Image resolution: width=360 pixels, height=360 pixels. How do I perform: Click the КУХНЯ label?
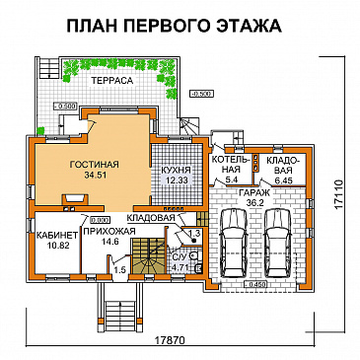tap(176, 170)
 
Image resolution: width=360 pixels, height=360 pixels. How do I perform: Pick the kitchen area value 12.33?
tap(176, 180)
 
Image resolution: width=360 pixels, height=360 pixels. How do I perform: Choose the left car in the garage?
tap(232, 241)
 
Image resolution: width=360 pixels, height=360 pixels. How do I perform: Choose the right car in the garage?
tap(279, 241)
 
